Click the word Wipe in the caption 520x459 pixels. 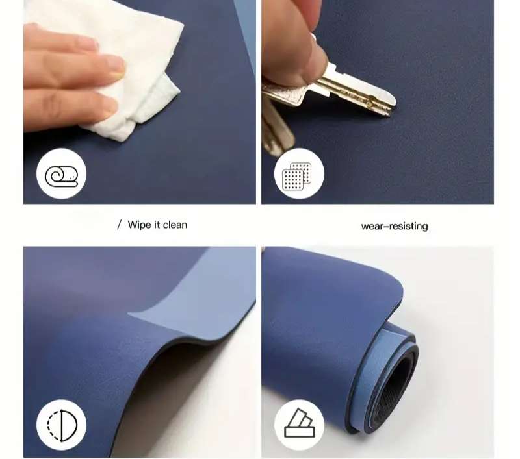[x=139, y=225]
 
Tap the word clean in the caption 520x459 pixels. [x=175, y=225]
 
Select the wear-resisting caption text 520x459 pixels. [x=395, y=226]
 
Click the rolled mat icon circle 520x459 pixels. [x=61, y=174]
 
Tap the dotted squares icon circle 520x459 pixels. [x=299, y=174]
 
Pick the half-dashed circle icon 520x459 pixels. [x=62, y=425]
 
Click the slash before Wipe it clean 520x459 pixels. [x=120, y=225]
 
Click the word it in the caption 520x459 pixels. [x=157, y=225]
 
